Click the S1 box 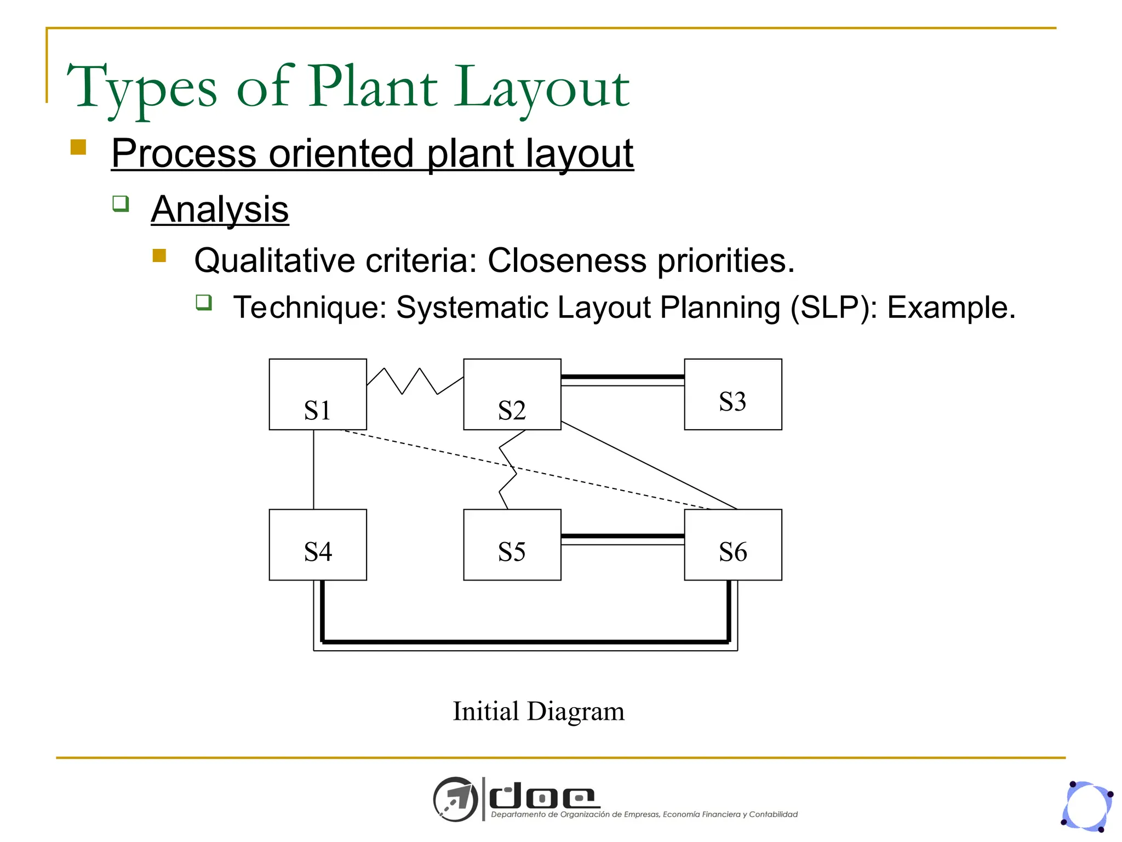tap(318, 394)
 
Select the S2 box tap(512, 394)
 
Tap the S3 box tap(732, 394)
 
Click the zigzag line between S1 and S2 tap(411, 380)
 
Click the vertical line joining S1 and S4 tap(313, 469)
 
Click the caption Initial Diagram tap(538, 712)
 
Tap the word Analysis tap(220, 209)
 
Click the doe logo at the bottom tap(542, 798)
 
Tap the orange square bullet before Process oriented tap(78, 147)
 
